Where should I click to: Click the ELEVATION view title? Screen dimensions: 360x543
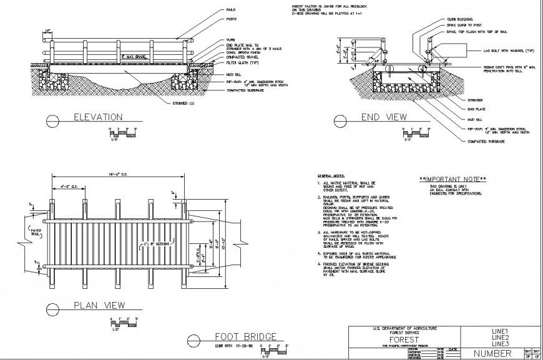point(97,117)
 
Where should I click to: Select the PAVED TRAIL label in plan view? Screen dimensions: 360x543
point(35,233)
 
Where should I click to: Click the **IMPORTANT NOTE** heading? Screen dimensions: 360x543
point(452,179)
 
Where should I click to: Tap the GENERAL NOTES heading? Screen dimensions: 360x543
point(330,177)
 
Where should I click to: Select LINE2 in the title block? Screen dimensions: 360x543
point(501,338)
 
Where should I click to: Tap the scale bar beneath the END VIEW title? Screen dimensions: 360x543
point(409,134)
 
